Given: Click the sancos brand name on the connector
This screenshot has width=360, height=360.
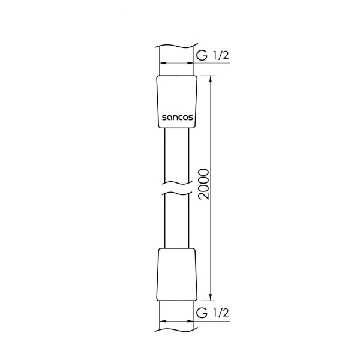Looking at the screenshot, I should pos(178,118).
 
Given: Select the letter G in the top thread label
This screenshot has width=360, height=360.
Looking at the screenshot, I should pos(202,56).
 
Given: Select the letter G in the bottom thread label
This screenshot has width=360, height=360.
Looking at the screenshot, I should pos(202,314).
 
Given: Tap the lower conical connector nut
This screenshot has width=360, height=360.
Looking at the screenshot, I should pos(178,273).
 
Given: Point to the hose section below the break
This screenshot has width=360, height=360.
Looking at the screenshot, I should pos(178,222).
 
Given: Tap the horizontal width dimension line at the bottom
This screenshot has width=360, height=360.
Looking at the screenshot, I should pos(178,320).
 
